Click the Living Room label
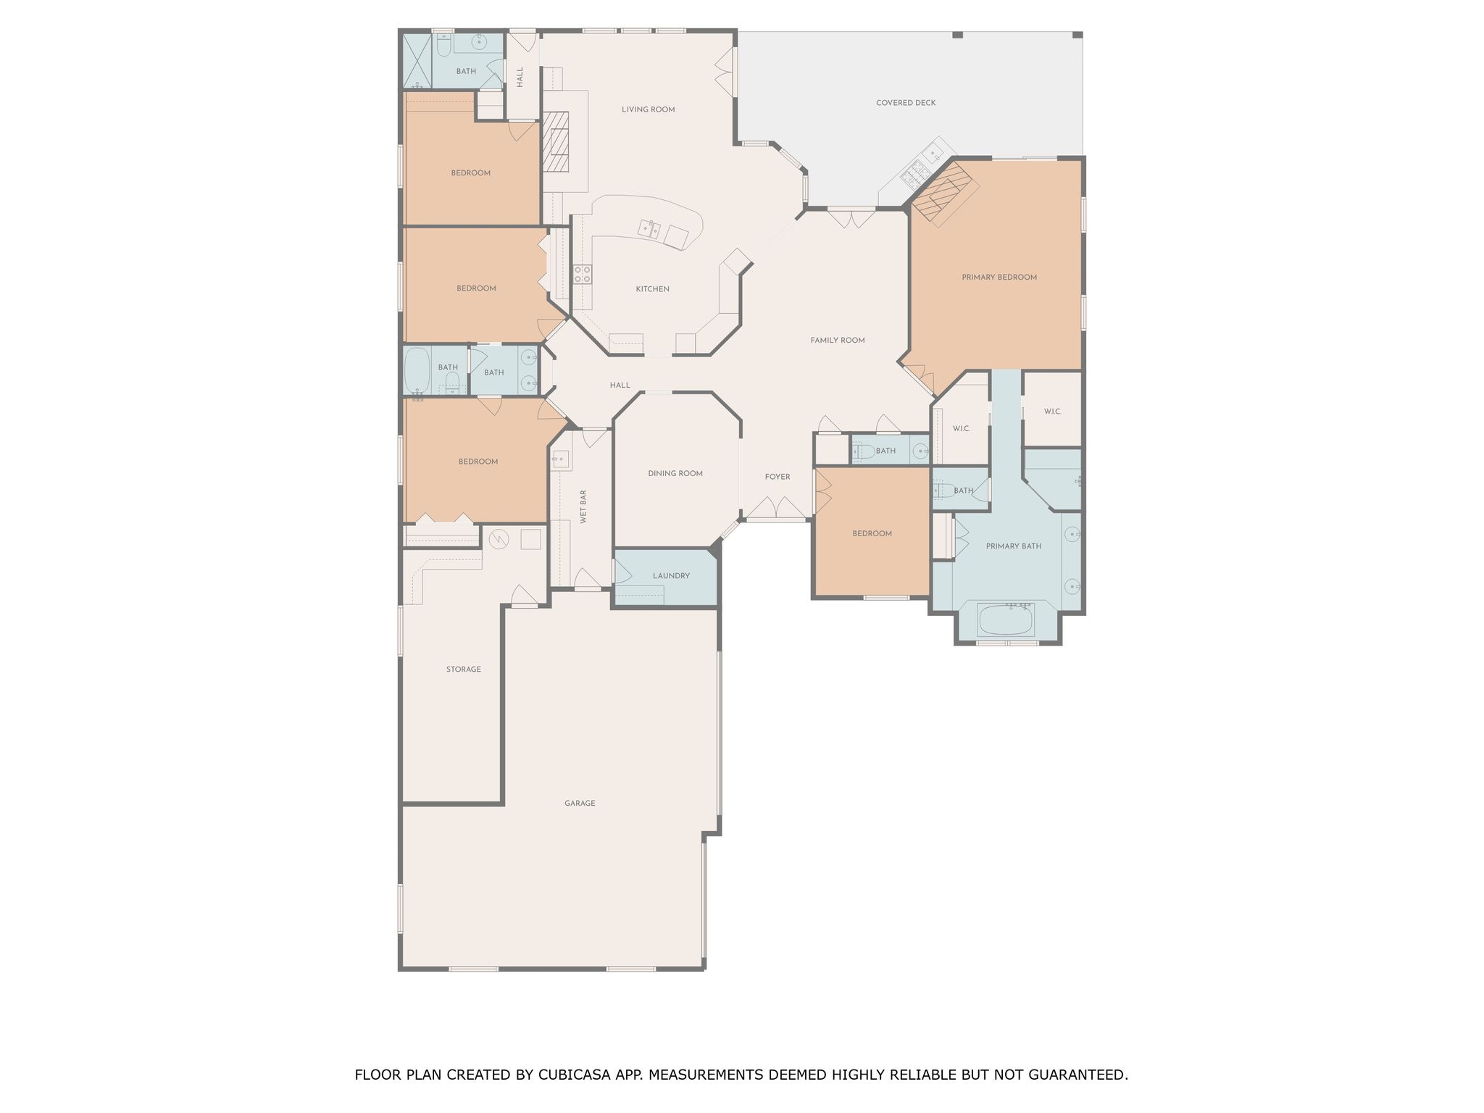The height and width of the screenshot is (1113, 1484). [648, 110]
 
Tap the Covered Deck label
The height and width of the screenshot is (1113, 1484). [906, 103]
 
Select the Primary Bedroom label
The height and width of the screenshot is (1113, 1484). [999, 278]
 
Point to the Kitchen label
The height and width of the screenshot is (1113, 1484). [652, 289]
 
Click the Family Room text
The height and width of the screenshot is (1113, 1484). [838, 341]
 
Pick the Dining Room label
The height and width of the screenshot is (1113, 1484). [675, 474]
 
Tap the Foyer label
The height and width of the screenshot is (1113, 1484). [778, 477]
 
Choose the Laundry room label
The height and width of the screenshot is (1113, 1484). [671, 576]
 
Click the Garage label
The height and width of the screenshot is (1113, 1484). [580, 804]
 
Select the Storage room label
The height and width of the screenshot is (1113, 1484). [464, 670]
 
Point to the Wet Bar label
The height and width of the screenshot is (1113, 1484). [583, 507]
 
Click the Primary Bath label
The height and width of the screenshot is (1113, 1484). [1014, 546]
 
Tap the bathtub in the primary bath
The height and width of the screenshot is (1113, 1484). [1006, 620]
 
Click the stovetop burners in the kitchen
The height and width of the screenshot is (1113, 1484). [583, 274]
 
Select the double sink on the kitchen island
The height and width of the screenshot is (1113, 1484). [649, 230]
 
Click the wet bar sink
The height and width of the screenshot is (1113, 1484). [562, 458]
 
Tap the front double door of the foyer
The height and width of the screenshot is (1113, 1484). [776, 509]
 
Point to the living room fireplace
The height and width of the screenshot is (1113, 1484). [557, 142]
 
